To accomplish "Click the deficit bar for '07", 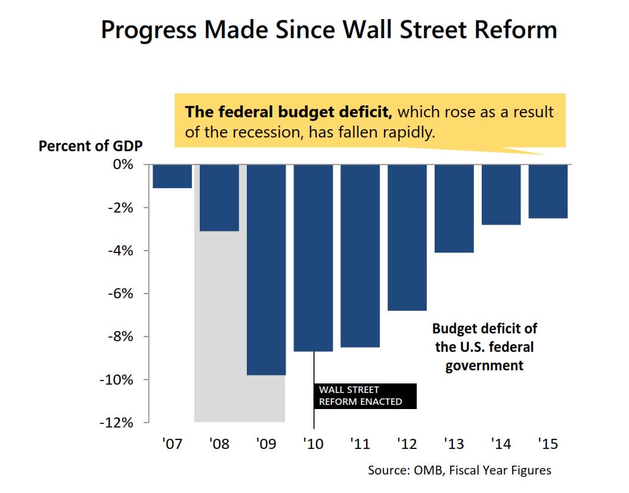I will [x=172, y=176].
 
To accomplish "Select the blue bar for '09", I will [x=267, y=269].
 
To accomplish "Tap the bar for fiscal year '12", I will [x=407, y=237].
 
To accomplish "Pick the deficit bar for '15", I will [x=548, y=191].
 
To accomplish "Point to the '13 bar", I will [x=454, y=208].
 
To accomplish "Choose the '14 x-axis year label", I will [x=501, y=444].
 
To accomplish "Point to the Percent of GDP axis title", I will [x=91, y=146].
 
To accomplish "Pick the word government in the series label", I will [x=484, y=365].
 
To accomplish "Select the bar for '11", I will [x=360, y=255].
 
